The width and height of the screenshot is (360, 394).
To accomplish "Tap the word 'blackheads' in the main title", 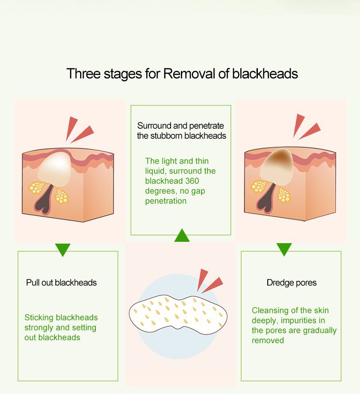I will (265, 73).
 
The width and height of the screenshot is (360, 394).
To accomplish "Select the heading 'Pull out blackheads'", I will (61, 283).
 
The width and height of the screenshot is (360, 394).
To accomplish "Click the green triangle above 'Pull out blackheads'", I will (63, 249).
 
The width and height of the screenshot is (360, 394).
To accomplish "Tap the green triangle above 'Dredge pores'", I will (284, 249).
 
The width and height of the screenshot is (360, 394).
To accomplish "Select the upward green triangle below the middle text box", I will (182, 236).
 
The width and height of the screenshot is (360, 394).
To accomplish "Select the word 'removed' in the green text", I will (268, 340).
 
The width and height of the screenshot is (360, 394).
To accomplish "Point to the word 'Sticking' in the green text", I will (39, 318).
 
